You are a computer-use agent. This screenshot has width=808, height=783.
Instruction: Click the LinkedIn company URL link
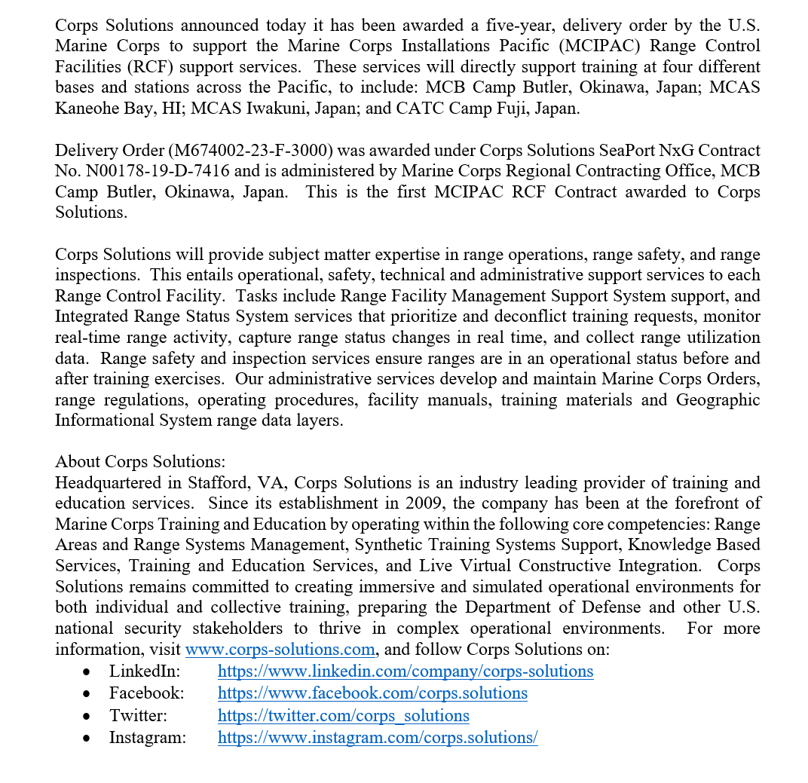tap(405, 671)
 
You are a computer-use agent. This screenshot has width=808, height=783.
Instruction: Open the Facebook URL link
tap(372, 693)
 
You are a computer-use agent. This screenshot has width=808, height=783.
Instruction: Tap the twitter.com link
tap(343, 716)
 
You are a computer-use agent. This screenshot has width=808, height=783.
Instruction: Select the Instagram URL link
tap(377, 738)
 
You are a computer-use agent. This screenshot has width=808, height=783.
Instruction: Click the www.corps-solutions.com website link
tap(280, 650)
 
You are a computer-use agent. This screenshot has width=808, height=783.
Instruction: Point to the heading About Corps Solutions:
tap(140, 462)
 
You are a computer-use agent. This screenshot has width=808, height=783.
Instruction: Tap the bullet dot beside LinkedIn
tap(88, 672)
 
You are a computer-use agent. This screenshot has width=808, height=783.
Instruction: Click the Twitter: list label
tap(138, 716)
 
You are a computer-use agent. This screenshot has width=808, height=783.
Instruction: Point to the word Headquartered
tap(108, 483)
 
